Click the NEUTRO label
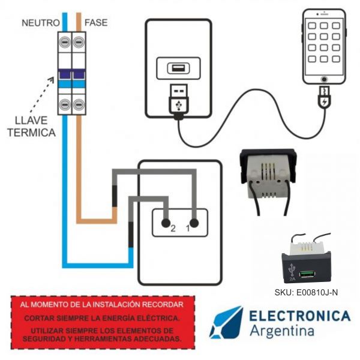click(x=40, y=23)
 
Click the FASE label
click(x=97, y=23)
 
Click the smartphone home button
click(x=324, y=79)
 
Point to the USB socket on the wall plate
click(x=178, y=68)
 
